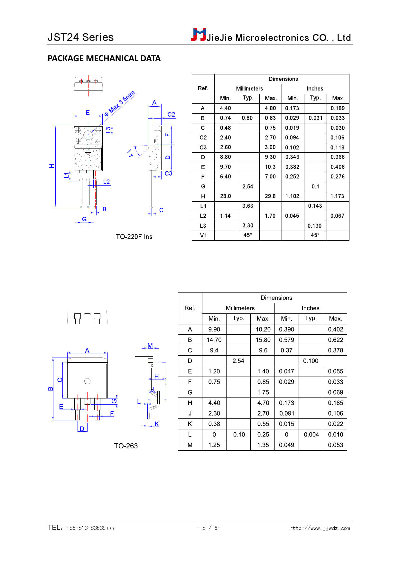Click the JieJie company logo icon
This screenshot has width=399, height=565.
point(199,35)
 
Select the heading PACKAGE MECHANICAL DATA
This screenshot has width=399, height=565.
point(104,58)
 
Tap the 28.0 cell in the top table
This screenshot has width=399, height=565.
point(225,196)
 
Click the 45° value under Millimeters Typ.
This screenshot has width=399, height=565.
point(248,235)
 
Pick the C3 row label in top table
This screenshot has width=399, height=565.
point(203,148)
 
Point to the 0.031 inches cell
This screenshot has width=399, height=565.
point(315,118)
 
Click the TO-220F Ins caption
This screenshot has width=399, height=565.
point(134,237)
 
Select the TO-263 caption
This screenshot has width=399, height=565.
point(126,446)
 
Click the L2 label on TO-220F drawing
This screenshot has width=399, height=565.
point(107,182)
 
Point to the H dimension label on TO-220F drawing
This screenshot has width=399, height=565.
point(51,166)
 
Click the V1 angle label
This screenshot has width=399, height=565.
point(130,153)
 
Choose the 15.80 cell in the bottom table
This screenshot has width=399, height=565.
point(263,340)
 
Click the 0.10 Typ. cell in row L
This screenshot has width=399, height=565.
point(239,435)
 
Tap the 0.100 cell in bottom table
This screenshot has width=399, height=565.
point(311,361)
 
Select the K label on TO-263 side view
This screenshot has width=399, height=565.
point(157,424)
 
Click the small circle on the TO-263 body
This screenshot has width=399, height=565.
point(87,381)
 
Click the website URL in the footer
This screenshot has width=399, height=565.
point(319,528)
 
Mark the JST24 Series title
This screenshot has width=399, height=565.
point(80,37)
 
